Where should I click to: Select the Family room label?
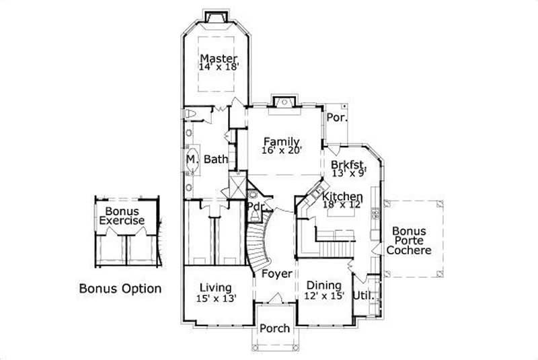(x=281, y=141)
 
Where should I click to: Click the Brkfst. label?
(x=348, y=164)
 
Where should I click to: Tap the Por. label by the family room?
(x=336, y=117)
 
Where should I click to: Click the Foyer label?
(x=276, y=274)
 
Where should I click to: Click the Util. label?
(x=368, y=295)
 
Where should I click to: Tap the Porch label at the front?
(x=274, y=328)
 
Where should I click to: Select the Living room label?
(x=216, y=287)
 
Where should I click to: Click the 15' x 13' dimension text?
(x=216, y=298)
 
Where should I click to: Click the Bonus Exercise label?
(x=122, y=216)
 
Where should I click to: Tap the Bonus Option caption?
(x=120, y=289)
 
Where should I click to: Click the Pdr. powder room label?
(x=254, y=206)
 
